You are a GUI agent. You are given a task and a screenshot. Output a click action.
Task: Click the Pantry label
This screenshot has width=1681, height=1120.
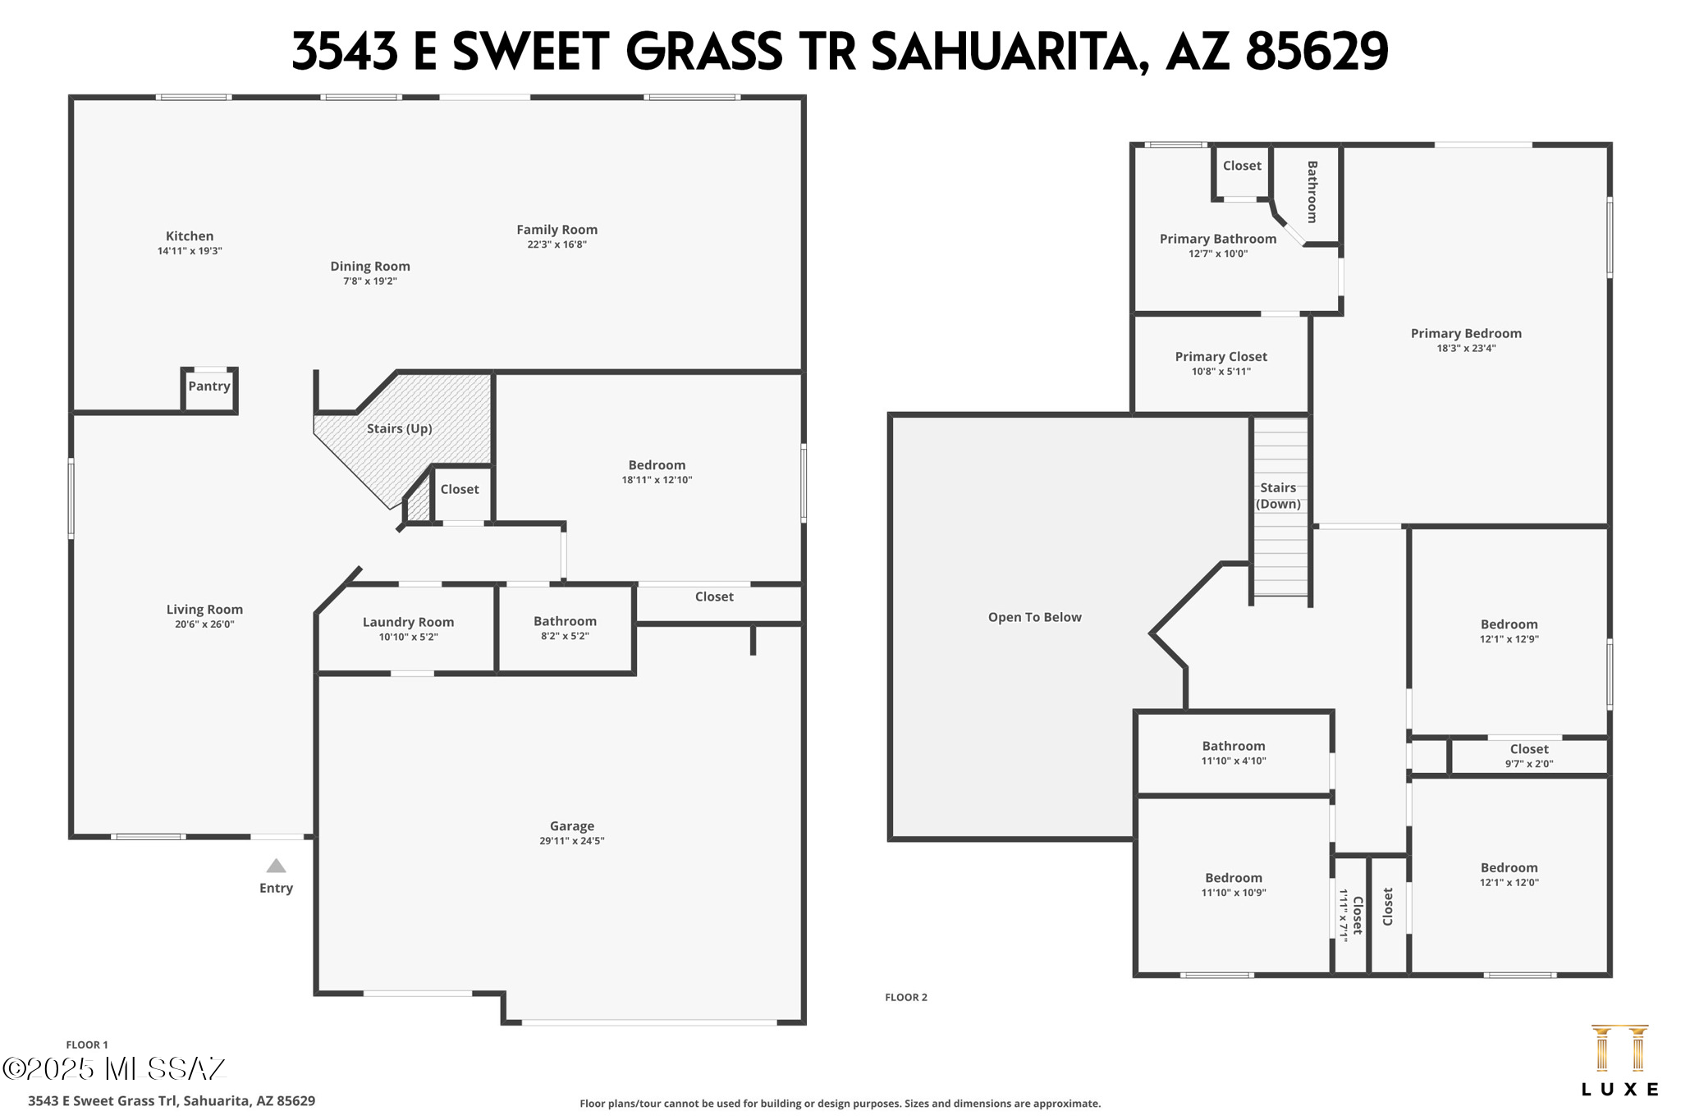pos(209,386)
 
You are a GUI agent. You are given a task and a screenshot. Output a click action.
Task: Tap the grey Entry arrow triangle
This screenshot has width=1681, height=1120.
pos(276,866)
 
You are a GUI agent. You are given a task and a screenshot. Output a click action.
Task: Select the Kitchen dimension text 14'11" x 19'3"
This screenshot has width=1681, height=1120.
pos(190,251)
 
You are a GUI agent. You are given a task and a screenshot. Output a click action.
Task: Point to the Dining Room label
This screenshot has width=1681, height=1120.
pos(370,267)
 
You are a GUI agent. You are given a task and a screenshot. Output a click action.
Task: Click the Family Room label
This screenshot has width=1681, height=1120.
pos(557,230)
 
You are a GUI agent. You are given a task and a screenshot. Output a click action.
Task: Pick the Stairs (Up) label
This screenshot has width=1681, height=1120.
pos(399,428)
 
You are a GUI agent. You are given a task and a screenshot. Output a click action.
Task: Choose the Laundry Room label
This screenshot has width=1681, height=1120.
pos(408,622)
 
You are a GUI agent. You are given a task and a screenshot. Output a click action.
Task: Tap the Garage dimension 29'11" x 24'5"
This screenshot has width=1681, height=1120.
pos(572,841)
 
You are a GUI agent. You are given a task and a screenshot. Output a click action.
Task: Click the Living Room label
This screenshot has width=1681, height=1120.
pos(204,610)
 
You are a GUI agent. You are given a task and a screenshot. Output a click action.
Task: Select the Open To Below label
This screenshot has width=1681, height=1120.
pos(1034,617)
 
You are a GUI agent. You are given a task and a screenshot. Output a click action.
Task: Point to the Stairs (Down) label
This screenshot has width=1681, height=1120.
pos(1278,496)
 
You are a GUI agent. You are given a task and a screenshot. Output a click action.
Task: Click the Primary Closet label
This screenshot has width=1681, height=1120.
pos(1221,357)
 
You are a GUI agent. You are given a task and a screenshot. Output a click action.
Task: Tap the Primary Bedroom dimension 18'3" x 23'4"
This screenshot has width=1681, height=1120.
pos(1466,348)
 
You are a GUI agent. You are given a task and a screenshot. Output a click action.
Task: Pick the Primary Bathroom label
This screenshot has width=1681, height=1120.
pos(1217,239)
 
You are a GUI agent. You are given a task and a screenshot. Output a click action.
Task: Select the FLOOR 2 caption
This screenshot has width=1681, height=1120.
pos(905,998)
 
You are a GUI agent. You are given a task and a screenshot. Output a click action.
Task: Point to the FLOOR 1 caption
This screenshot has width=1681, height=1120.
pos(87,1045)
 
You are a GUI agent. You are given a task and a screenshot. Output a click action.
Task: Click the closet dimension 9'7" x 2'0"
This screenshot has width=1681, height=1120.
pos(1528,764)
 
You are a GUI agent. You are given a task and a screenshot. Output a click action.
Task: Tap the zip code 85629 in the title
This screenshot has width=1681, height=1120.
pos(1317,51)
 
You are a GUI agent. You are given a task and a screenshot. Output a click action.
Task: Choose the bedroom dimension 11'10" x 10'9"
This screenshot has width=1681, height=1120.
pos(1234,893)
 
